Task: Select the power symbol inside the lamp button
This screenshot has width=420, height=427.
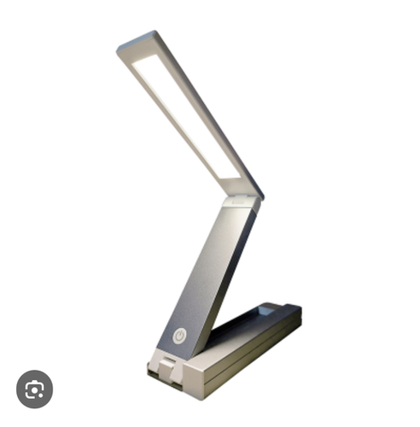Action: [179, 336]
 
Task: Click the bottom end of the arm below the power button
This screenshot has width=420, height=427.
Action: [175, 354]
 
